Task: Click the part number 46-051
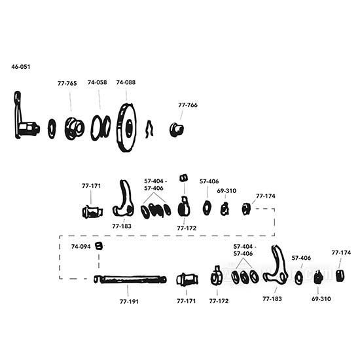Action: tap(20, 67)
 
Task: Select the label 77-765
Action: tap(66, 84)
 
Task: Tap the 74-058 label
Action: tap(96, 83)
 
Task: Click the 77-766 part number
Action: tap(187, 105)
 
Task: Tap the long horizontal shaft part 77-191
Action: tap(131, 279)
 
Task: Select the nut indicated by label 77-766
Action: tap(175, 128)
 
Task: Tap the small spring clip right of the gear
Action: tap(149, 129)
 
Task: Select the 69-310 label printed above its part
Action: tap(226, 192)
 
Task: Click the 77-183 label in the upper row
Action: tap(121, 226)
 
